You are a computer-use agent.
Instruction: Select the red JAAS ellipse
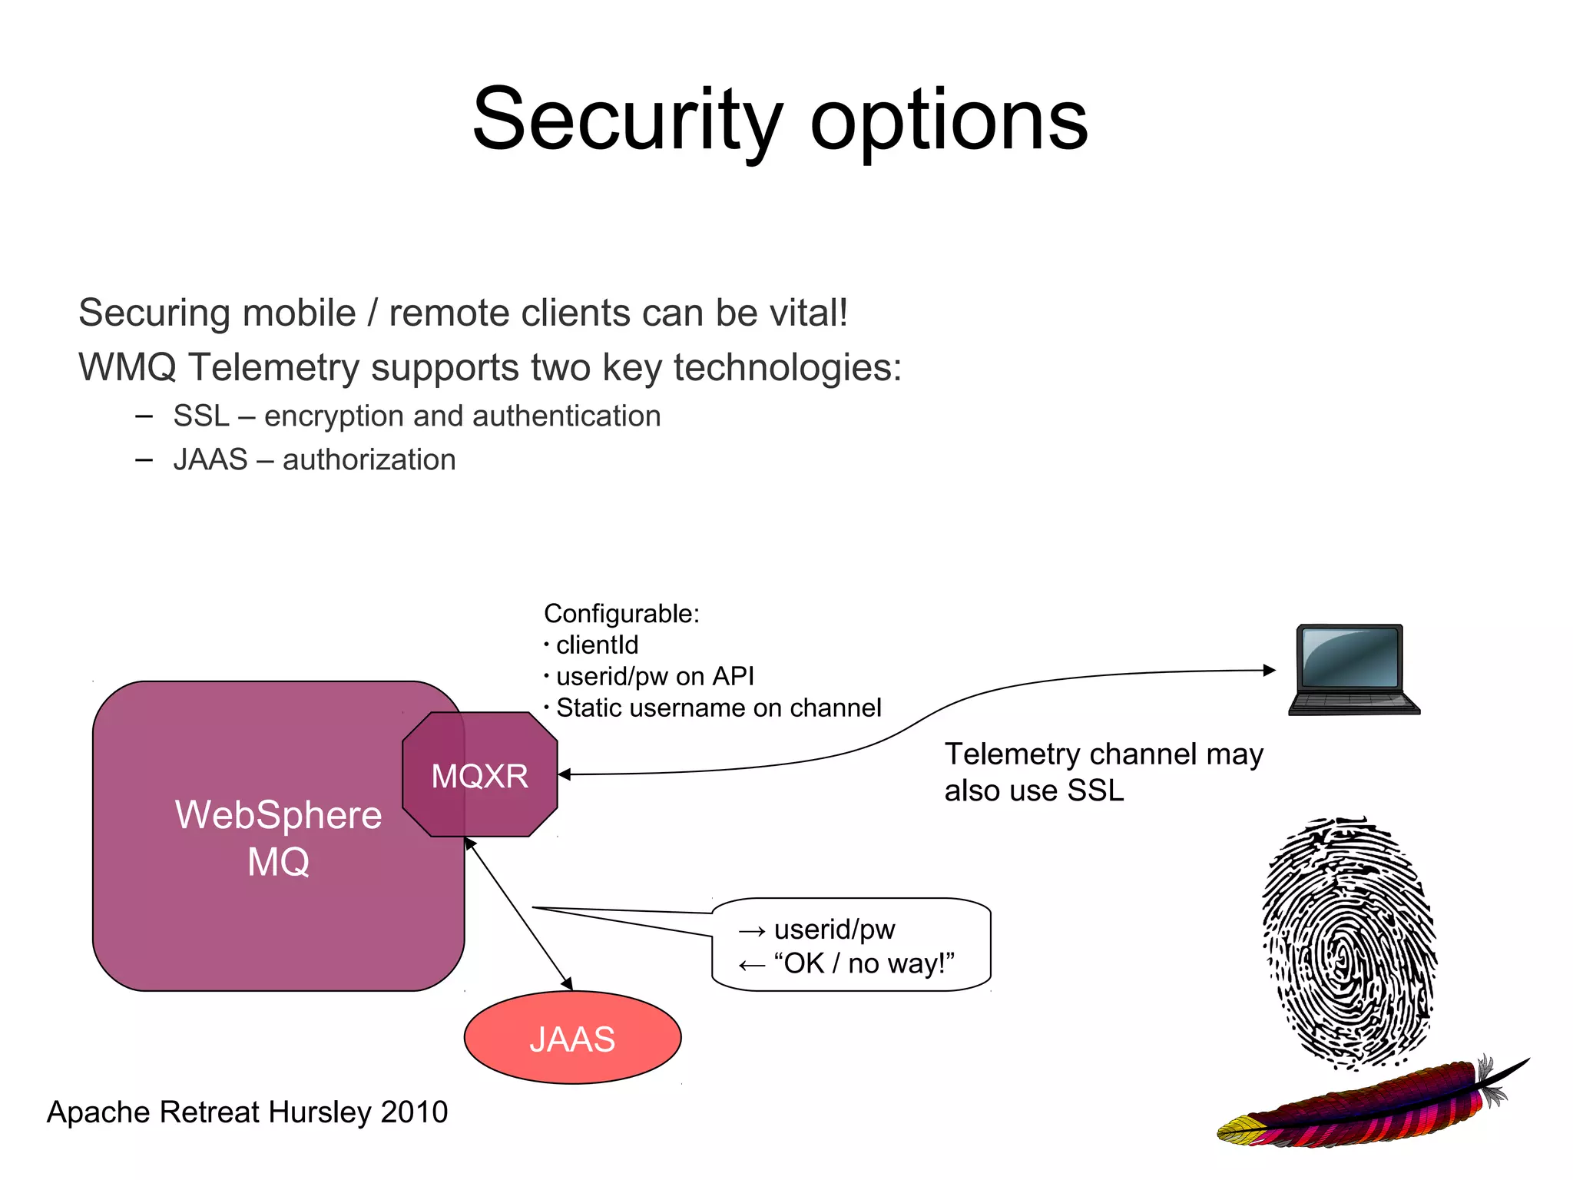572,1039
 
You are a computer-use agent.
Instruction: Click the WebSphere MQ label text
278,837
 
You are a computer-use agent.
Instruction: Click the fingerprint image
1348,943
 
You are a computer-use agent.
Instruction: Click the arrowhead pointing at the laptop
1269,670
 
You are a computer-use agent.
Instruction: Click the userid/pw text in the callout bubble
834,930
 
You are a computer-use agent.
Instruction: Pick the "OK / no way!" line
864,963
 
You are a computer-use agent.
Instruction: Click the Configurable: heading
621,614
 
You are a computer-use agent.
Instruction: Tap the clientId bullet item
597,645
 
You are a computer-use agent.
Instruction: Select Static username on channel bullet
718,708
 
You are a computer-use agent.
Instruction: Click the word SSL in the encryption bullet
201,416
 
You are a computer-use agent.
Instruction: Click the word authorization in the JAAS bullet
369,460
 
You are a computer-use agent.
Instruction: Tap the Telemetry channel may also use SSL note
1103,772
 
